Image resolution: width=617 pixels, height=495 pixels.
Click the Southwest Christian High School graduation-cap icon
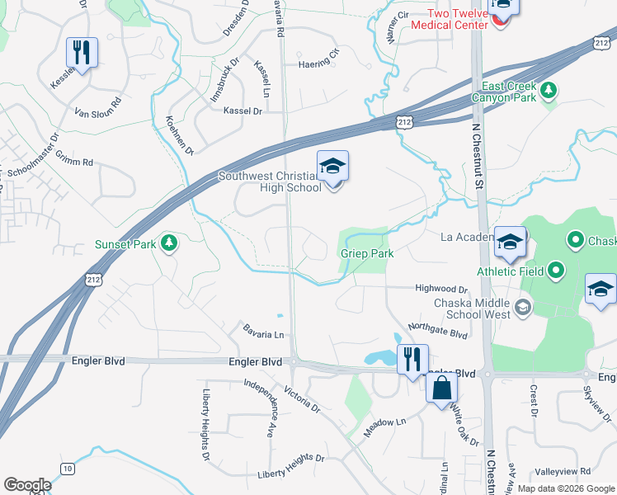[x=332, y=168]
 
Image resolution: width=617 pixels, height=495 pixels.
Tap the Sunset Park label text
[x=125, y=244]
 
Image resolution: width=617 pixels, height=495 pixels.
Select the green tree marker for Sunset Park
[x=169, y=243]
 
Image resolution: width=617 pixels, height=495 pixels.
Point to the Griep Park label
[x=367, y=254]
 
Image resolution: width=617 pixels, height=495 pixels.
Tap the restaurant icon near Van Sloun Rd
[x=82, y=53]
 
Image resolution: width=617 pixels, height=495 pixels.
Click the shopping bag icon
[x=441, y=388]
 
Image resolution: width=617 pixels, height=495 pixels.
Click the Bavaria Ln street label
[x=263, y=332]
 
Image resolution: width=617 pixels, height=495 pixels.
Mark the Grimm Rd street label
[x=76, y=162]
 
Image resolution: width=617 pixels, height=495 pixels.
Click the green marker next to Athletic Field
[x=556, y=269]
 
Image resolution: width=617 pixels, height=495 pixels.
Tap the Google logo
[x=27, y=485]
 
